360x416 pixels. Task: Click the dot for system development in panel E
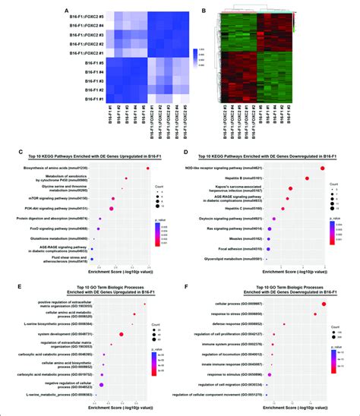122,312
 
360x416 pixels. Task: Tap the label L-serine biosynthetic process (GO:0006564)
62,301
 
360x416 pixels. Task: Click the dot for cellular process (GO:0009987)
324,283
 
